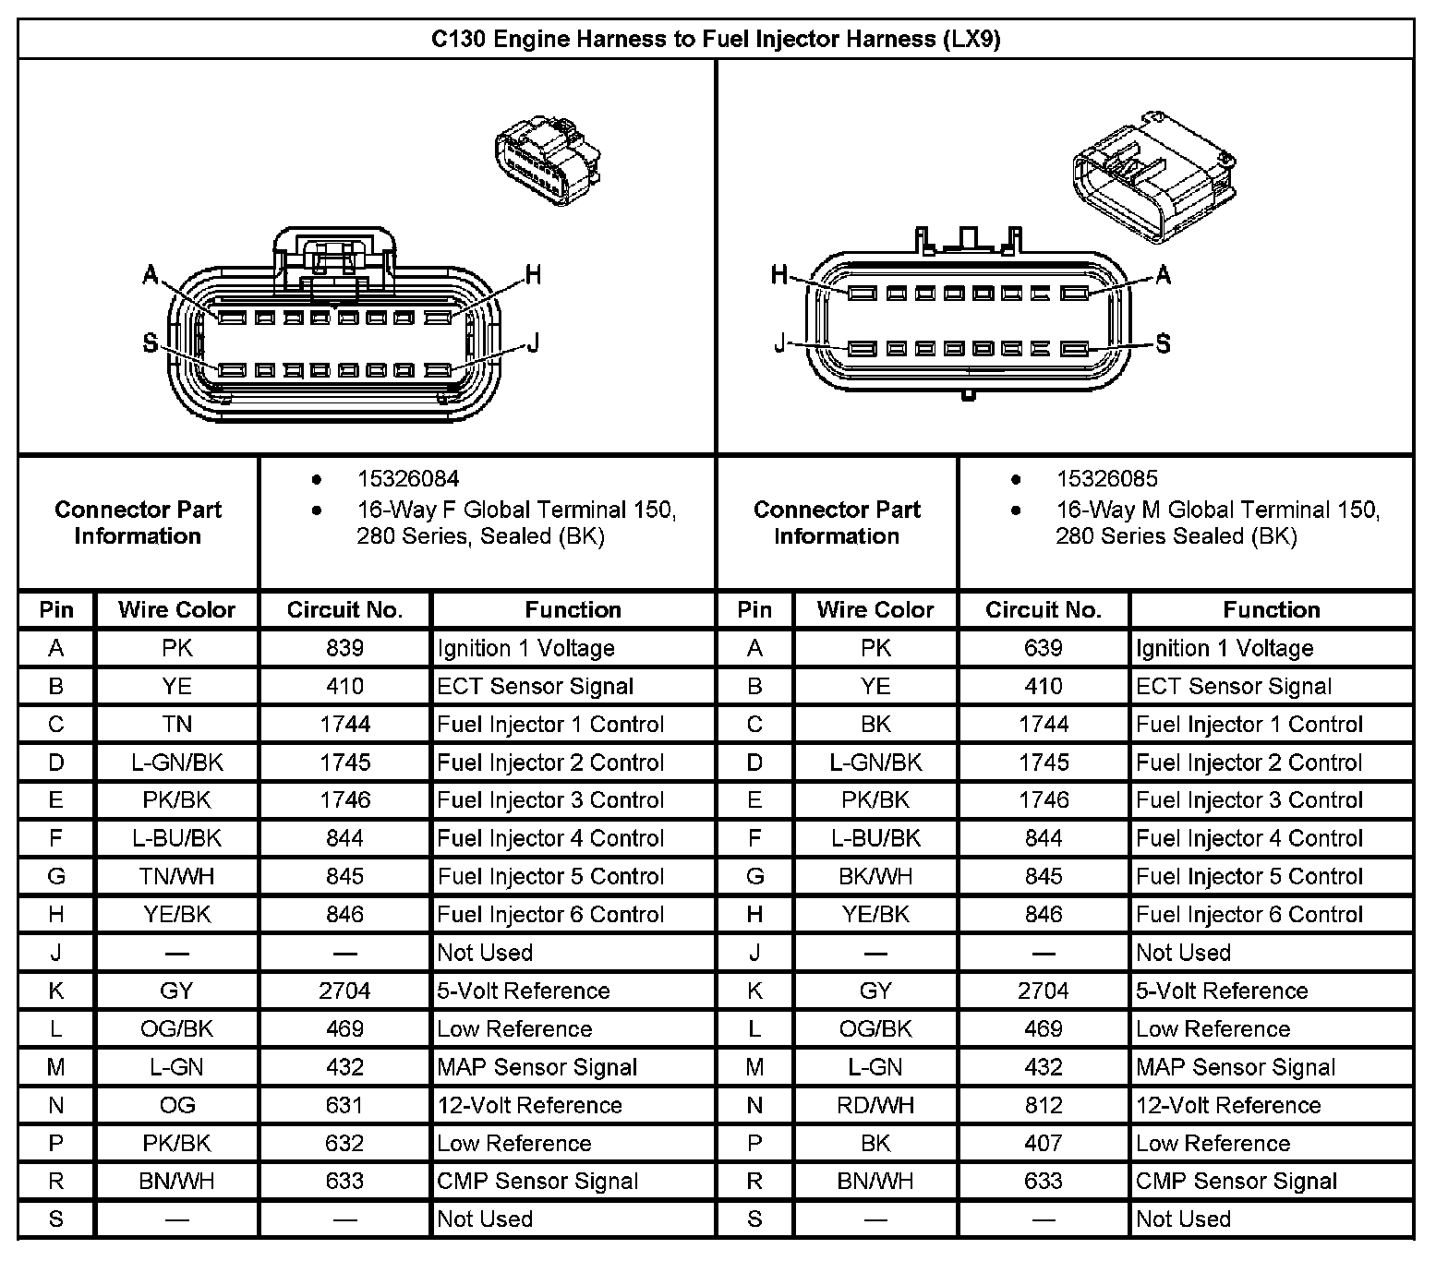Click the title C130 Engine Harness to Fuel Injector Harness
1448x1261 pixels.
[x=716, y=39]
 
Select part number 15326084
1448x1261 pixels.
[x=407, y=479]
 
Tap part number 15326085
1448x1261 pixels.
[x=1106, y=479]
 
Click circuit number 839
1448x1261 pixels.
[x=344, y=648]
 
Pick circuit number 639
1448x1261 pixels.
[x=1043, y=648]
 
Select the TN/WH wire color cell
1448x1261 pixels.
[x=176, y=876]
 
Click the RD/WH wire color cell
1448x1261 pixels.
[x=875, y=1105]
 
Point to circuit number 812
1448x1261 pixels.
[x=1043, y=1105]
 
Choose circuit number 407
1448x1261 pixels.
[x=1043, y=1143]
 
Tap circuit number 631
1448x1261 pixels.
[x=344, y=1105]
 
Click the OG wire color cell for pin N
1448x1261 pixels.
[x=176, y=1105]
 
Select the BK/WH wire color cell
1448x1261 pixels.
[x=875, y=876]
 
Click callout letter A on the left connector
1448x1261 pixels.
[x=151, y=274]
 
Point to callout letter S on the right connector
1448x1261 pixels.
[x=1163, y=343]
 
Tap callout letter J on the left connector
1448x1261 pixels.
[x=533, y=343]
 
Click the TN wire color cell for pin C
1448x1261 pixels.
[x=176, y=724]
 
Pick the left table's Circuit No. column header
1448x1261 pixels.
[x=344, y=609]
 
